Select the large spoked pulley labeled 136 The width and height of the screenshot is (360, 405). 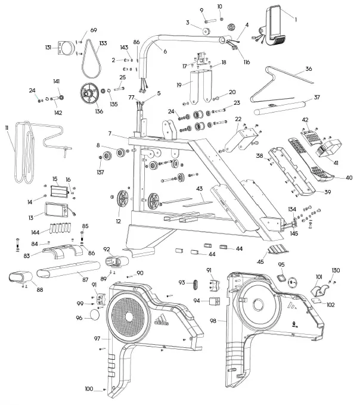90,94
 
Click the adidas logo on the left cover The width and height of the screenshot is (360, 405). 159,322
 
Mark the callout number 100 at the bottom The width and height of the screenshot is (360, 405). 89,389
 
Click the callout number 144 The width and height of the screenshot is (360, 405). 36,233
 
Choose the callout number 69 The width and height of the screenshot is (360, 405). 94,30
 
